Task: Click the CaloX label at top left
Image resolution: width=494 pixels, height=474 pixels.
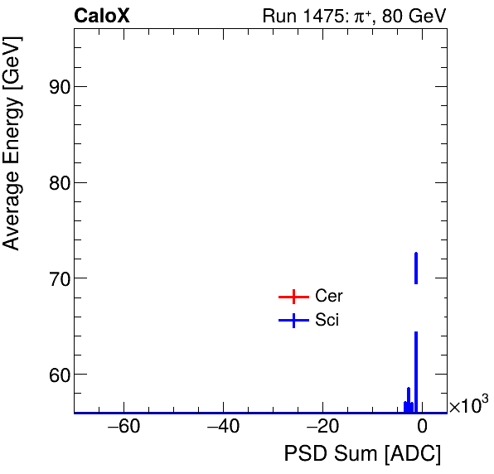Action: click(101, 16)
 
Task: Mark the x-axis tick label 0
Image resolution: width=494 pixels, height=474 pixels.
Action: click(422, 428)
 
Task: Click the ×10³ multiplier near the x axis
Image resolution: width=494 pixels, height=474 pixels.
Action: click(468, 406)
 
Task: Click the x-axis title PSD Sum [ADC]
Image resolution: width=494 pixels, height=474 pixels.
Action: click(362, 454)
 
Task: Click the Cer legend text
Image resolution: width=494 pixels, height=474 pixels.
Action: click(328, 296)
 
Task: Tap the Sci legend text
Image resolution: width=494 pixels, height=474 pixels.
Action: click(327, 320)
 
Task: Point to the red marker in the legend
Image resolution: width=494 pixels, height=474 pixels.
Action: click(293, 297)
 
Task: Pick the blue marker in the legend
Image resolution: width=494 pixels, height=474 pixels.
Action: click(293, 321)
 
